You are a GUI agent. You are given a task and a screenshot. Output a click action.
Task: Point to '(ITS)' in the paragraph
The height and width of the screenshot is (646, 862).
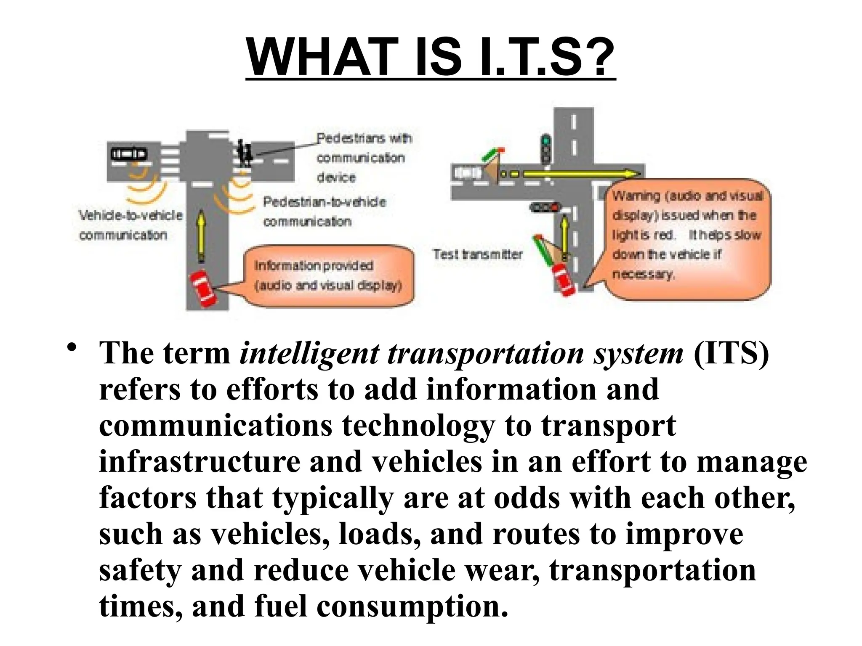point(731,353)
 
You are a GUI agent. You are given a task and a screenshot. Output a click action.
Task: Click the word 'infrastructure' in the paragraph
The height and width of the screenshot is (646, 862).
point(200,462)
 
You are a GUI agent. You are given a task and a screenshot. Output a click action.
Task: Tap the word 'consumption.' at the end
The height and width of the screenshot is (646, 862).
point(412,606)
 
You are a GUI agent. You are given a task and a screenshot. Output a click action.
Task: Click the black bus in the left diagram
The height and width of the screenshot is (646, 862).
point(129,154)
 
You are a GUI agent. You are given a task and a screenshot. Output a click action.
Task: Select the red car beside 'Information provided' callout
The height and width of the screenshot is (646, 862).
point(203,288)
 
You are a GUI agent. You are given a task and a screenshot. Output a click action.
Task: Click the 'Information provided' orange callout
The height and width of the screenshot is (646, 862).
point(328,276)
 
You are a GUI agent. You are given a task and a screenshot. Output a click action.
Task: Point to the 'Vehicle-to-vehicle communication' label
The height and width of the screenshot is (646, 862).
point(130,225)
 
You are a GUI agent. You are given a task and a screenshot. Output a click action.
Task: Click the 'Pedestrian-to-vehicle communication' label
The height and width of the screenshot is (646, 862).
point(324,212)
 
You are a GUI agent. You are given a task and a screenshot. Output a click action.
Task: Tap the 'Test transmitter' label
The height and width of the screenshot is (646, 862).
point(478,254)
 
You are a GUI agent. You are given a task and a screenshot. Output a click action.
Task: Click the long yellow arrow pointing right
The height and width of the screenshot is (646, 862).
point(581,174)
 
